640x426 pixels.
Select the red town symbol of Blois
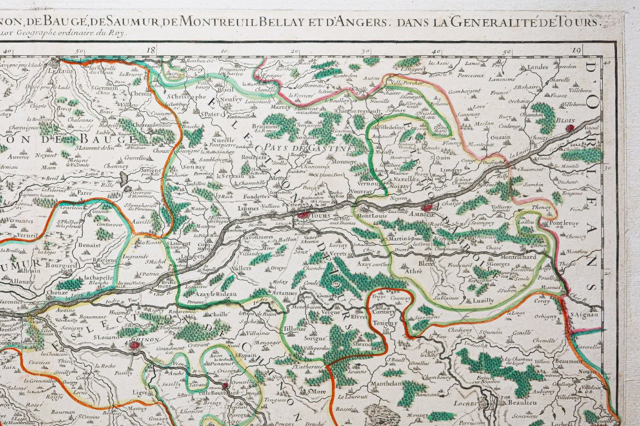[x=571, y=127]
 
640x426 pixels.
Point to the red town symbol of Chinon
[x=135, y=346]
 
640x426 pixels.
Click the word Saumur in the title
[x=150, y=21]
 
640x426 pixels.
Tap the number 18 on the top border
[x=153, y=51]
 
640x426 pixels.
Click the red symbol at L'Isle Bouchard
[x=225, y=385]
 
